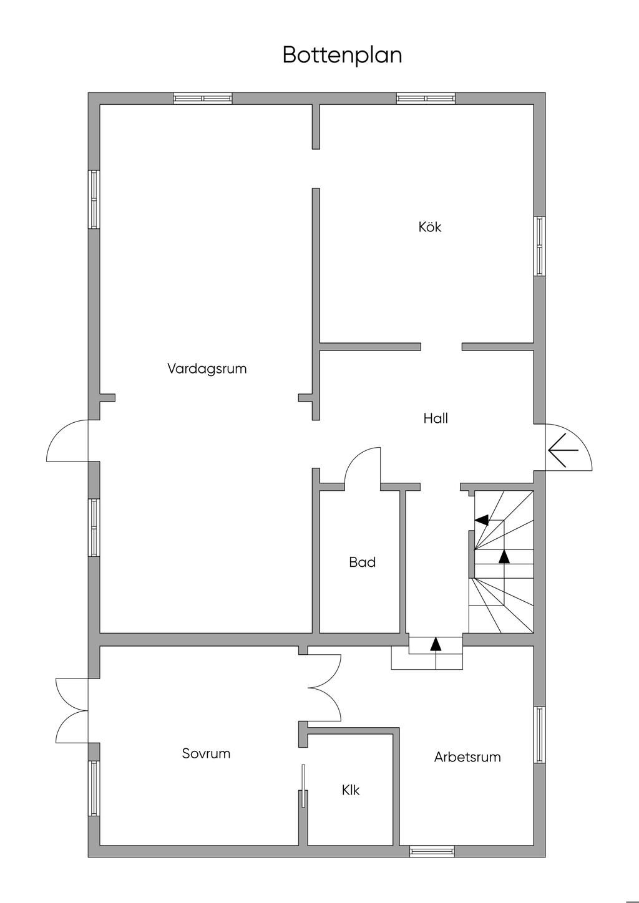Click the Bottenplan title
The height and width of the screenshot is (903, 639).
click(x=342, y=55)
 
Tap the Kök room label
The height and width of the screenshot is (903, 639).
click(x=430, y=227)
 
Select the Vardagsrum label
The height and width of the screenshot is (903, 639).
click(x=207, y=369)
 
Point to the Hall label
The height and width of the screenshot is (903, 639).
click(x=436, y=418)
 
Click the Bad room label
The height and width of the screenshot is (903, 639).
click(x=362, y=563)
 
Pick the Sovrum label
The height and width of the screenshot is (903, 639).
click(x=206, y=753)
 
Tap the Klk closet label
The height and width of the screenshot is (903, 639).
click(x=351, y=790)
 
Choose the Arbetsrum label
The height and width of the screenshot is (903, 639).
click(x=467, y=757)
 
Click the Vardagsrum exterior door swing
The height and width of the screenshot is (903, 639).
click(x=67, y=441)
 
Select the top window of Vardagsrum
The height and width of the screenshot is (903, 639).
click(x=202, y=98)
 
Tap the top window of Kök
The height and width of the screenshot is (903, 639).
click(x=426, y=98)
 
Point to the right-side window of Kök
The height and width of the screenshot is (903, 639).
click(x=539, y=246)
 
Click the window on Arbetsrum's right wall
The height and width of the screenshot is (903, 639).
click(x=539, y=734)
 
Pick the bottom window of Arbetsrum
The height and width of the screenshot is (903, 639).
click(x=432, y=851)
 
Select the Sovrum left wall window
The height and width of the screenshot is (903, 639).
click(x=94, y=788)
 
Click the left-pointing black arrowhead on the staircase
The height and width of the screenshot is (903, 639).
click(x=481, y=519)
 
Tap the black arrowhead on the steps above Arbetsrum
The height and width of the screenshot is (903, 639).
click(x=436, y=644)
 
